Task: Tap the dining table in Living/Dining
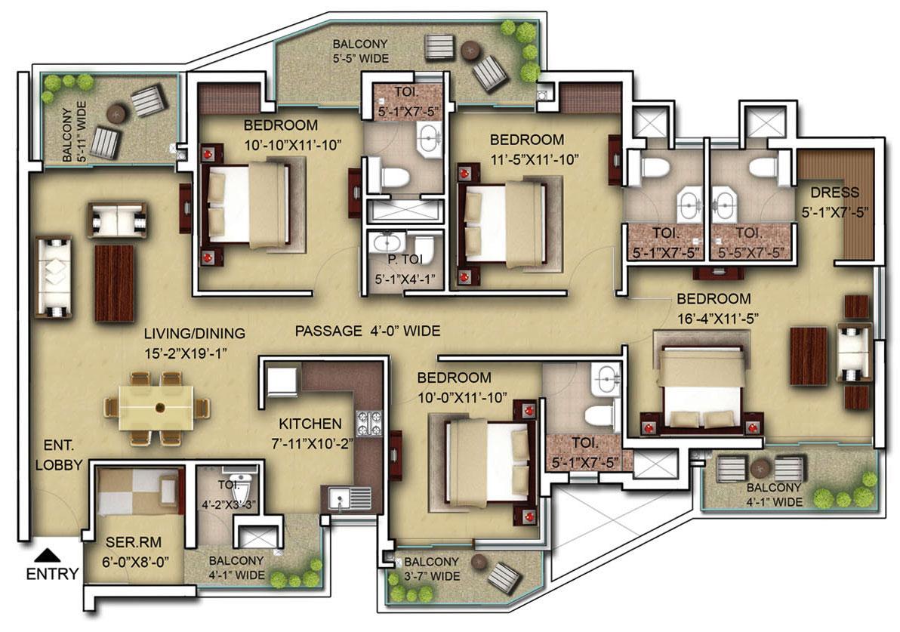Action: [x=159, y=408]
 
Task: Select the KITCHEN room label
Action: [x=310, y=424]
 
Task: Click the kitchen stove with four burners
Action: [x=370, y=423]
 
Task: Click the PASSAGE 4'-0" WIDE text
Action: [x=367, y=331]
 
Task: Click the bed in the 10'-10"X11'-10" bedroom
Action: [x=247, y=205]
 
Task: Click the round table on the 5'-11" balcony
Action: [x=116, y=113]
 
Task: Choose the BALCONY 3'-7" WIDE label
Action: [x=431, y=569]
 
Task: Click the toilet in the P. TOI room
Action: [x=424, y=248]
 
